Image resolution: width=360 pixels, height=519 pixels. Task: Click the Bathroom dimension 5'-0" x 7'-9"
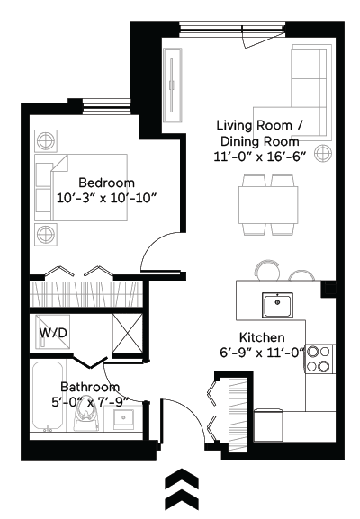tap(91, 401)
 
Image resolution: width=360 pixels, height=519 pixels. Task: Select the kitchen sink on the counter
tap(281, 305)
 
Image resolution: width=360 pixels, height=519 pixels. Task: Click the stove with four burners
tap(319, 359)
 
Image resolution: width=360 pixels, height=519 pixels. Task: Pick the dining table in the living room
tap(269, 206)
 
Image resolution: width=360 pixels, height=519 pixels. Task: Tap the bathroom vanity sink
tap(126, 417)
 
